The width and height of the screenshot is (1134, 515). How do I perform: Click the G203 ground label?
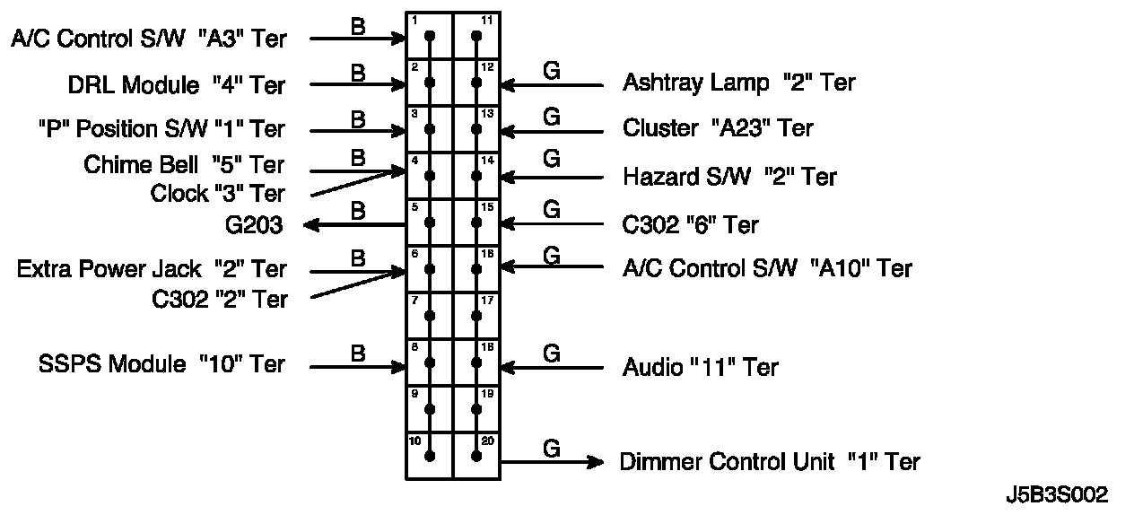click(254, 224)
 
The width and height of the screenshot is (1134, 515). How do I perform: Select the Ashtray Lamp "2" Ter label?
click(738, 83)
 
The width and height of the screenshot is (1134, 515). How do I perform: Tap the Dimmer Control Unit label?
click(770, 462)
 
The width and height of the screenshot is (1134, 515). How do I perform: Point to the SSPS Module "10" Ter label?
click(161, 364)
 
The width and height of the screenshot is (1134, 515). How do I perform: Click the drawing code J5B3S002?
click(1056, 495)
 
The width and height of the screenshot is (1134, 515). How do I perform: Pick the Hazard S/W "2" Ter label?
click(729, 177)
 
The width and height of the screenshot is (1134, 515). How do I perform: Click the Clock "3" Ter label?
click(217, 194)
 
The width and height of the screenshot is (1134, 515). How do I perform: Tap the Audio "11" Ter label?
click(700, 367)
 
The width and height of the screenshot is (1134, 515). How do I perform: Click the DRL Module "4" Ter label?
click(177, 85)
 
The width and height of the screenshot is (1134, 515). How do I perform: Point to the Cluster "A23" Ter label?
click(718, 128)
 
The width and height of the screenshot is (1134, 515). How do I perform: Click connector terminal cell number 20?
click(476, 456)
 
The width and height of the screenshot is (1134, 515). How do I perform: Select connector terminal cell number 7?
click(430, 315)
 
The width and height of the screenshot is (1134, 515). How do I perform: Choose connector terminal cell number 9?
click(430, 409)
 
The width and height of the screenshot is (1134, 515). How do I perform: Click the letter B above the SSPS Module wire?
click(358, 354)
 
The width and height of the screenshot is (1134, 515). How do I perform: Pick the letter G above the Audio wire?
click(552, 354)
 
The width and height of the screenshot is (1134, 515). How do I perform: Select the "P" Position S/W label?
click(161, 129)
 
